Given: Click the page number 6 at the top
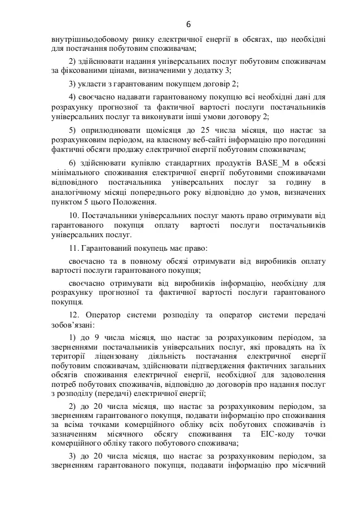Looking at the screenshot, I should (188, 24).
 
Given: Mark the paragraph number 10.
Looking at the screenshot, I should (73, 216).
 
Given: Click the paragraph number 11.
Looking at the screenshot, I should (73, 248).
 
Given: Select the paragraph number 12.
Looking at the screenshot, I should (73, 314).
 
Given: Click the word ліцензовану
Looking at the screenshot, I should (121, 356).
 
